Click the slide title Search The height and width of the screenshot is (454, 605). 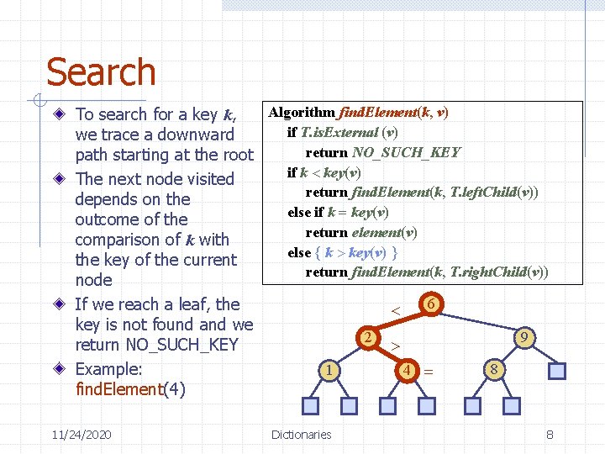pos(101,72)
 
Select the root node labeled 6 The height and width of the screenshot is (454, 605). pos(429,304)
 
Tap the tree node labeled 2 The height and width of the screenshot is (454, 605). pos(366,338)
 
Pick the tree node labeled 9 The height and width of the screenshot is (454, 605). pos(523,338)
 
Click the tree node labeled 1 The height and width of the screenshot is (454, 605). pos(331,370)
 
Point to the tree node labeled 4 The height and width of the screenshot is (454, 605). pos(406,370)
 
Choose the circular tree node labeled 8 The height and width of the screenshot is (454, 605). pos(495,370)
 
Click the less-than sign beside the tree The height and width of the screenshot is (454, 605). pos(394,312)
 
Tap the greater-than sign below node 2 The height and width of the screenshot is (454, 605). pos(396,346)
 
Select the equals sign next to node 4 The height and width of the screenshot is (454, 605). pos(428,371)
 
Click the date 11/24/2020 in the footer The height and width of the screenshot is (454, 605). pos(81,434)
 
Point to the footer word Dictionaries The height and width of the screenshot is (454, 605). pos(301,434)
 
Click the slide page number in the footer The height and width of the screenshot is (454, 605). pos(549,434)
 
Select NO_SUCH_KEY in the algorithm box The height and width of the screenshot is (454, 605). pos(406,152)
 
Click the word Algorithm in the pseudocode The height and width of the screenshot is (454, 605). pos(302,112)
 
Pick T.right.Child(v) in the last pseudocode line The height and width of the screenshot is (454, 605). pos(497,272)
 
